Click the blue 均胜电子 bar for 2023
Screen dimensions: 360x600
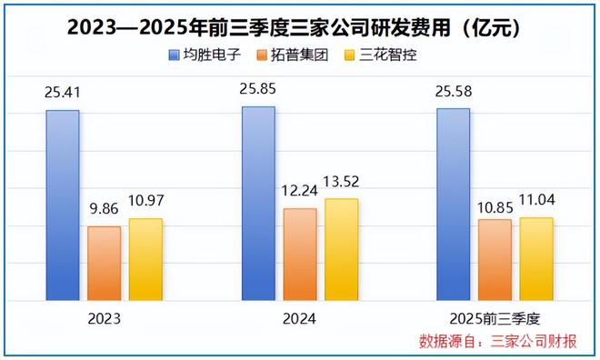click(63, 205)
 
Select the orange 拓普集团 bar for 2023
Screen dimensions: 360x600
click(104, 263)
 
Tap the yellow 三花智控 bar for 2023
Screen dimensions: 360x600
click(145, 259)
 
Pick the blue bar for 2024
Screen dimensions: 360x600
click(258, 203)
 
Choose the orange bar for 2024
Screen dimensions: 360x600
click(300, 254)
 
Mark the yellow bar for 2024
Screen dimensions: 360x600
click(341, 249)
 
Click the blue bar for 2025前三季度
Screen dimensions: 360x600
click(453, 204)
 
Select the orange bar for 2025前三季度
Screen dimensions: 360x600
click(495, 259)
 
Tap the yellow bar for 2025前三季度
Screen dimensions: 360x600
click(536, 258)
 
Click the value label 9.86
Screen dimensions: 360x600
click(104, 208)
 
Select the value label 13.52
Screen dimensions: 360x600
click(341, 181)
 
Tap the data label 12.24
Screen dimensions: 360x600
click(300, 191)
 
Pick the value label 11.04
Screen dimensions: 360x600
click(536, 201)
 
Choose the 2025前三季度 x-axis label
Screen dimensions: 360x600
click(495, 319)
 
